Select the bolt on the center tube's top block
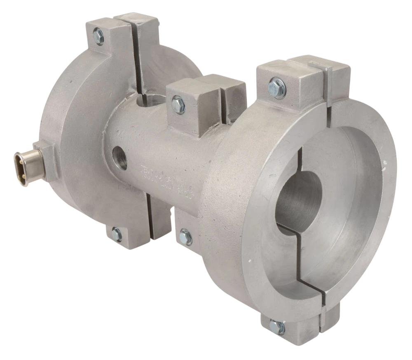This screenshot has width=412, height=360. [178, 104]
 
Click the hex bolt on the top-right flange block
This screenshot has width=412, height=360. [276, 87]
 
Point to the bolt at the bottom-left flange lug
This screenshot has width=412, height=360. [117, 234]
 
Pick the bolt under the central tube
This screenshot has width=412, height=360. [185, 237]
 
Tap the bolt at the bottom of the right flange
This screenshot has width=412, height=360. [277, 327]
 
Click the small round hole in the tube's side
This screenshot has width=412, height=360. [119, 157]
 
